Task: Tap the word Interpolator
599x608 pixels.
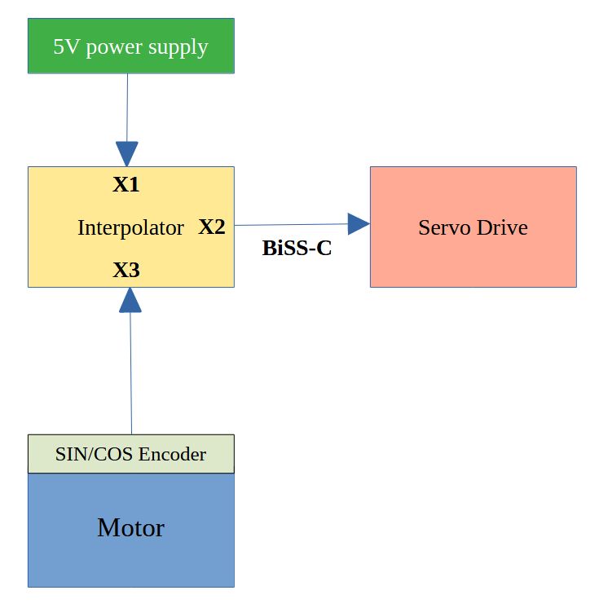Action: pos(130,228)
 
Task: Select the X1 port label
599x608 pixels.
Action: pos(126,185)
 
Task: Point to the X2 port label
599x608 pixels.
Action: pos(212,227)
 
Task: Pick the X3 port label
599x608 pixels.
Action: pos(126,270)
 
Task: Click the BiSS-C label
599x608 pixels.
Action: pos(297,249)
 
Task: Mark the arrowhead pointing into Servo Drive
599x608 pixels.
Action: pos(359,223)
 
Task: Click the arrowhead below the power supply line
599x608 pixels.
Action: pos(126,153)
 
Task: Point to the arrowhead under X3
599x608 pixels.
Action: pos(130,300)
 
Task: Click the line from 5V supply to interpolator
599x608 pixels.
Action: pos(127,106)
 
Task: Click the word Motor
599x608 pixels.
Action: pos(130,528)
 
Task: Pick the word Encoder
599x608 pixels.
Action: pos(172,454)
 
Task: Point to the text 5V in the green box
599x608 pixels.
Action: pos(66,46)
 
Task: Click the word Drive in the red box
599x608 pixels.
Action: pos(501,227)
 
